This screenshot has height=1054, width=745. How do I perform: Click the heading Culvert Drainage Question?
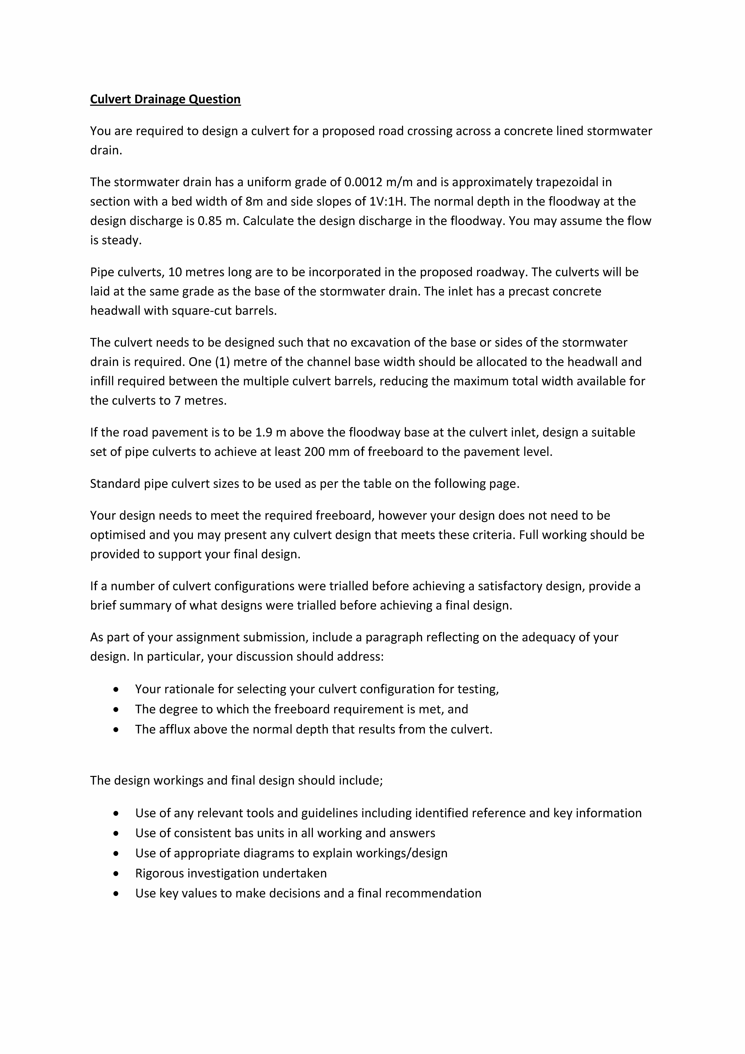[x=165, y=99]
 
